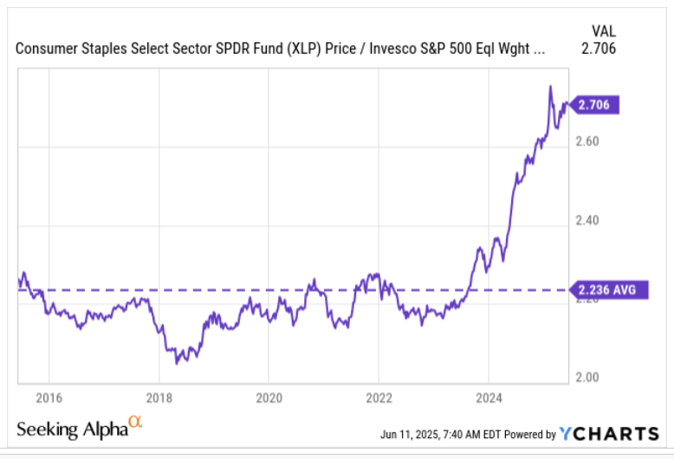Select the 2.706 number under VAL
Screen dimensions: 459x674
(x=599, y=48)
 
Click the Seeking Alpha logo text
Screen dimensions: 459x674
(x=72, y=430)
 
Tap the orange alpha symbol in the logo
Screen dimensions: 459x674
(x=134, y=422)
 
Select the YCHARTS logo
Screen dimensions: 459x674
(x=609, y=433)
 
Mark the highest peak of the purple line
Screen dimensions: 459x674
(x=550, y=87)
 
